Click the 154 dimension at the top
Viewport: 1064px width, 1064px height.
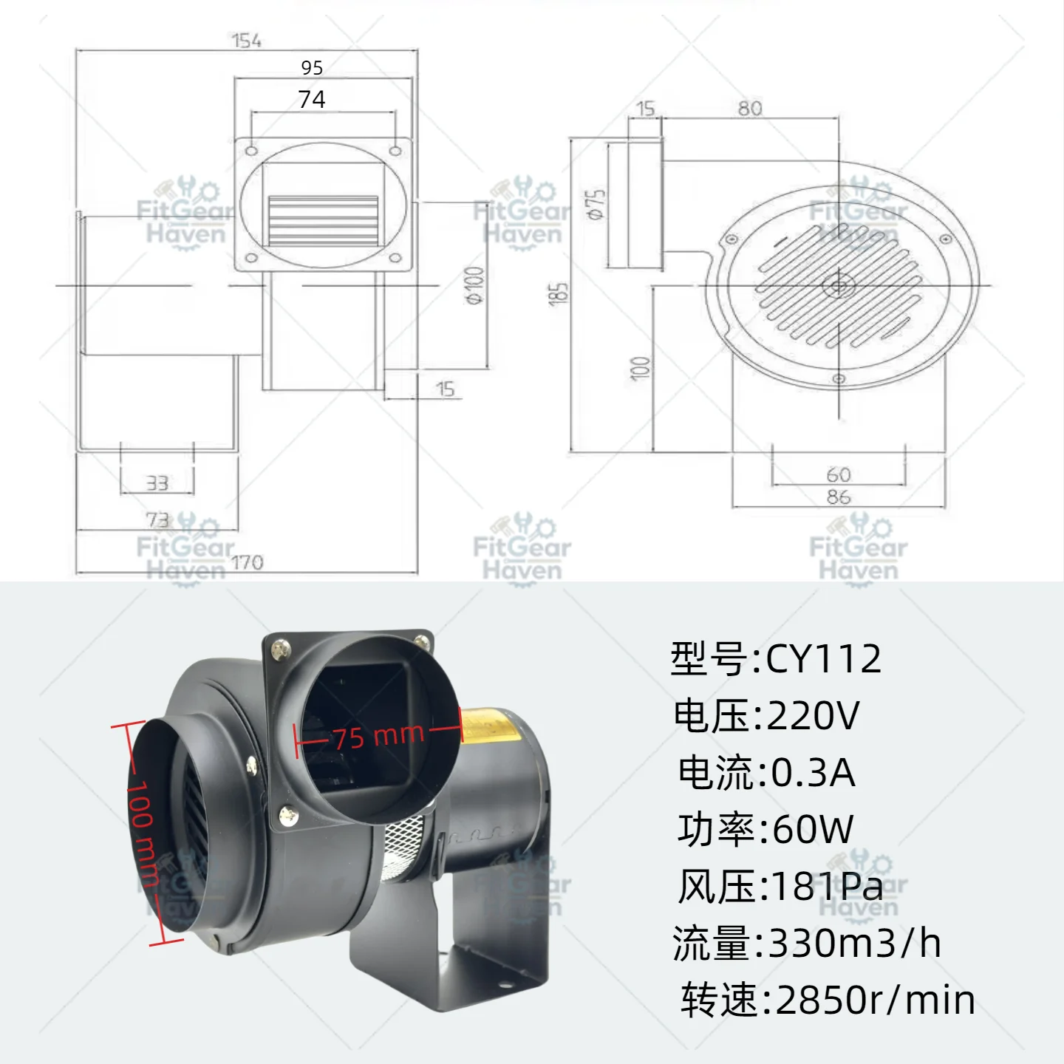(246, 41)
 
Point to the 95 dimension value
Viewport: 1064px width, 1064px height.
(312, 68)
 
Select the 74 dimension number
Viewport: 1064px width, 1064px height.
(312, 100)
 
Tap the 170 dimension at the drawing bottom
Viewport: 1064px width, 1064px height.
(248, 562)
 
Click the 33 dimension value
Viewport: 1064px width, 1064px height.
(157, 483)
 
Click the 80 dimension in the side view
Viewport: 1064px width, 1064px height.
(750, 108)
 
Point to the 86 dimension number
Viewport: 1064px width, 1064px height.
(839, 497)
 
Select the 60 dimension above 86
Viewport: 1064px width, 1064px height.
(839, 474)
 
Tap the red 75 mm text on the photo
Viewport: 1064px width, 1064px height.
(379, 736)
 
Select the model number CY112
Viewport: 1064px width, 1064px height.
(823, 658)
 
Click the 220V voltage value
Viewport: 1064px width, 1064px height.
(813, 715)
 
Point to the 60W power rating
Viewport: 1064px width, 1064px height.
(813, 829)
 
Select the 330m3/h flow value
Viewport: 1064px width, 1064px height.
(855, 944)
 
